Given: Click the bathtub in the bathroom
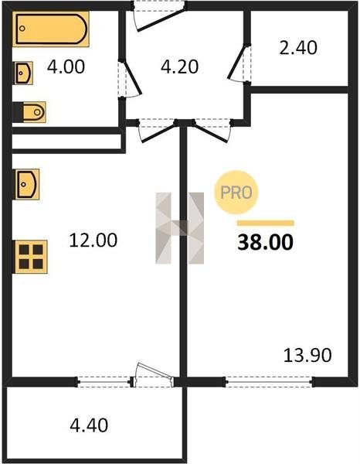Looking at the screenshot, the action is (x=51, y=29).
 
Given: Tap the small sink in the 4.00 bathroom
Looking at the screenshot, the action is (x=24, y=73).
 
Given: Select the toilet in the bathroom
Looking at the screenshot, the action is (x=29, y=112).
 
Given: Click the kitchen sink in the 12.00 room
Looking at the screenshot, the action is (x=26, y=184).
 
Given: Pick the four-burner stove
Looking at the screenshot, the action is (x=31, y=257).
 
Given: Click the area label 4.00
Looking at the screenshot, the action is (x=66, y=67).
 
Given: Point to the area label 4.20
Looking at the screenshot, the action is (x=179, y=67).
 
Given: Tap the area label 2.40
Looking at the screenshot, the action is (x=298, y=48).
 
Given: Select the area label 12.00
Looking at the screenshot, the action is (x=93, y=240).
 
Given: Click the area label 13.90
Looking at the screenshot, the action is (x=307, y=356).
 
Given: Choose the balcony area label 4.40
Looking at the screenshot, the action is (x=89, y=425).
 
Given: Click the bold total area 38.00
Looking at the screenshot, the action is (x=266, y=242).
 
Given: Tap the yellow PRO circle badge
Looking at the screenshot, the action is (x=236, y=193).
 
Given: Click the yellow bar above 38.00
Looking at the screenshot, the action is (x=266, y=223).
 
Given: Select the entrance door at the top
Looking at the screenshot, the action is (x=160, y=16).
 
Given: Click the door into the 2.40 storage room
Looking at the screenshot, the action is (x=239, y=62).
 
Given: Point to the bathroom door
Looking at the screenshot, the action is (x=130, y=79).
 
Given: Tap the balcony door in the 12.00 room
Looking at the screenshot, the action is (x=153, y=374).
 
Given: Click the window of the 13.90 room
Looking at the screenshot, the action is (x=269, y=382).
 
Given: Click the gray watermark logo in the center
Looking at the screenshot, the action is (x=180, y=228).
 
